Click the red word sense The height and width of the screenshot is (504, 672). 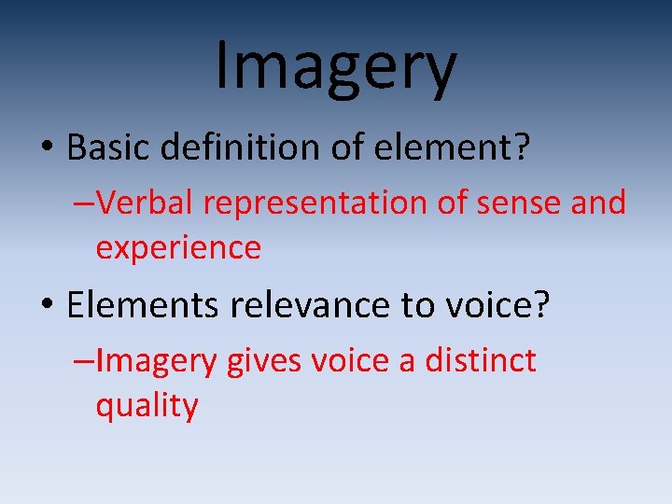click(x=508, y=203)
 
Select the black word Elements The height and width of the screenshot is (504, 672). click(x=131, y=305)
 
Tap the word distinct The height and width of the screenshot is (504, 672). click(x=481, y=360)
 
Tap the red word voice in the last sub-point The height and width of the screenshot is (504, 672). click(x=345, y=361)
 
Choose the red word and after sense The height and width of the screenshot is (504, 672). click(x=595, y=203)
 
